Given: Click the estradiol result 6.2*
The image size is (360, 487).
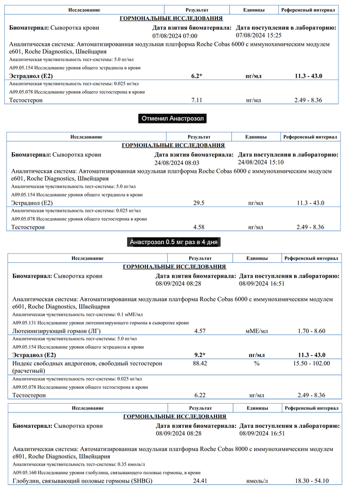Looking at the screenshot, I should [196, 76].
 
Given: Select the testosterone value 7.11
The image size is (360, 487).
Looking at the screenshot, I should [196, 100].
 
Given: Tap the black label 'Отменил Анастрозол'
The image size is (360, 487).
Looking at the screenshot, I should [173, 119].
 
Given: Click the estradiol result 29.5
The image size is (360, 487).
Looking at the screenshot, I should [199, 203].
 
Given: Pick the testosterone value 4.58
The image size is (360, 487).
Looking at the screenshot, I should [199, 227].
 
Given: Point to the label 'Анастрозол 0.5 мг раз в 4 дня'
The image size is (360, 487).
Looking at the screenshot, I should [175, 242].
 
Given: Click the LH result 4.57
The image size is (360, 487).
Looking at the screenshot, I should [200, 331].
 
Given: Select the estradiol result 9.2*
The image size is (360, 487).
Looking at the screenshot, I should [200, 355].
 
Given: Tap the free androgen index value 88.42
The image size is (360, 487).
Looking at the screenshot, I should [200, 364].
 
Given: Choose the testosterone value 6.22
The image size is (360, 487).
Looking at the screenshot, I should [200, 395].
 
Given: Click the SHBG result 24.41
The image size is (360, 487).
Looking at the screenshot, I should [200, 481].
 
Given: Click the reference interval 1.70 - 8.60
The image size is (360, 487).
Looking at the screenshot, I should [312, 331].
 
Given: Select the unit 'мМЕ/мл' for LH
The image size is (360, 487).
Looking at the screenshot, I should [257, 331].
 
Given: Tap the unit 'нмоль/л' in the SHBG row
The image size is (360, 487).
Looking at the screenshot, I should [257, 481].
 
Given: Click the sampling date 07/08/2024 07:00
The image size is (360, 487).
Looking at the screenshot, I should [175, 36].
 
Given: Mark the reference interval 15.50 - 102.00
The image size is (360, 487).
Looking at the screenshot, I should [312, 364].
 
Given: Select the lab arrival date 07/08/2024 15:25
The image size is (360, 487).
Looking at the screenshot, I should [259, 35].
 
